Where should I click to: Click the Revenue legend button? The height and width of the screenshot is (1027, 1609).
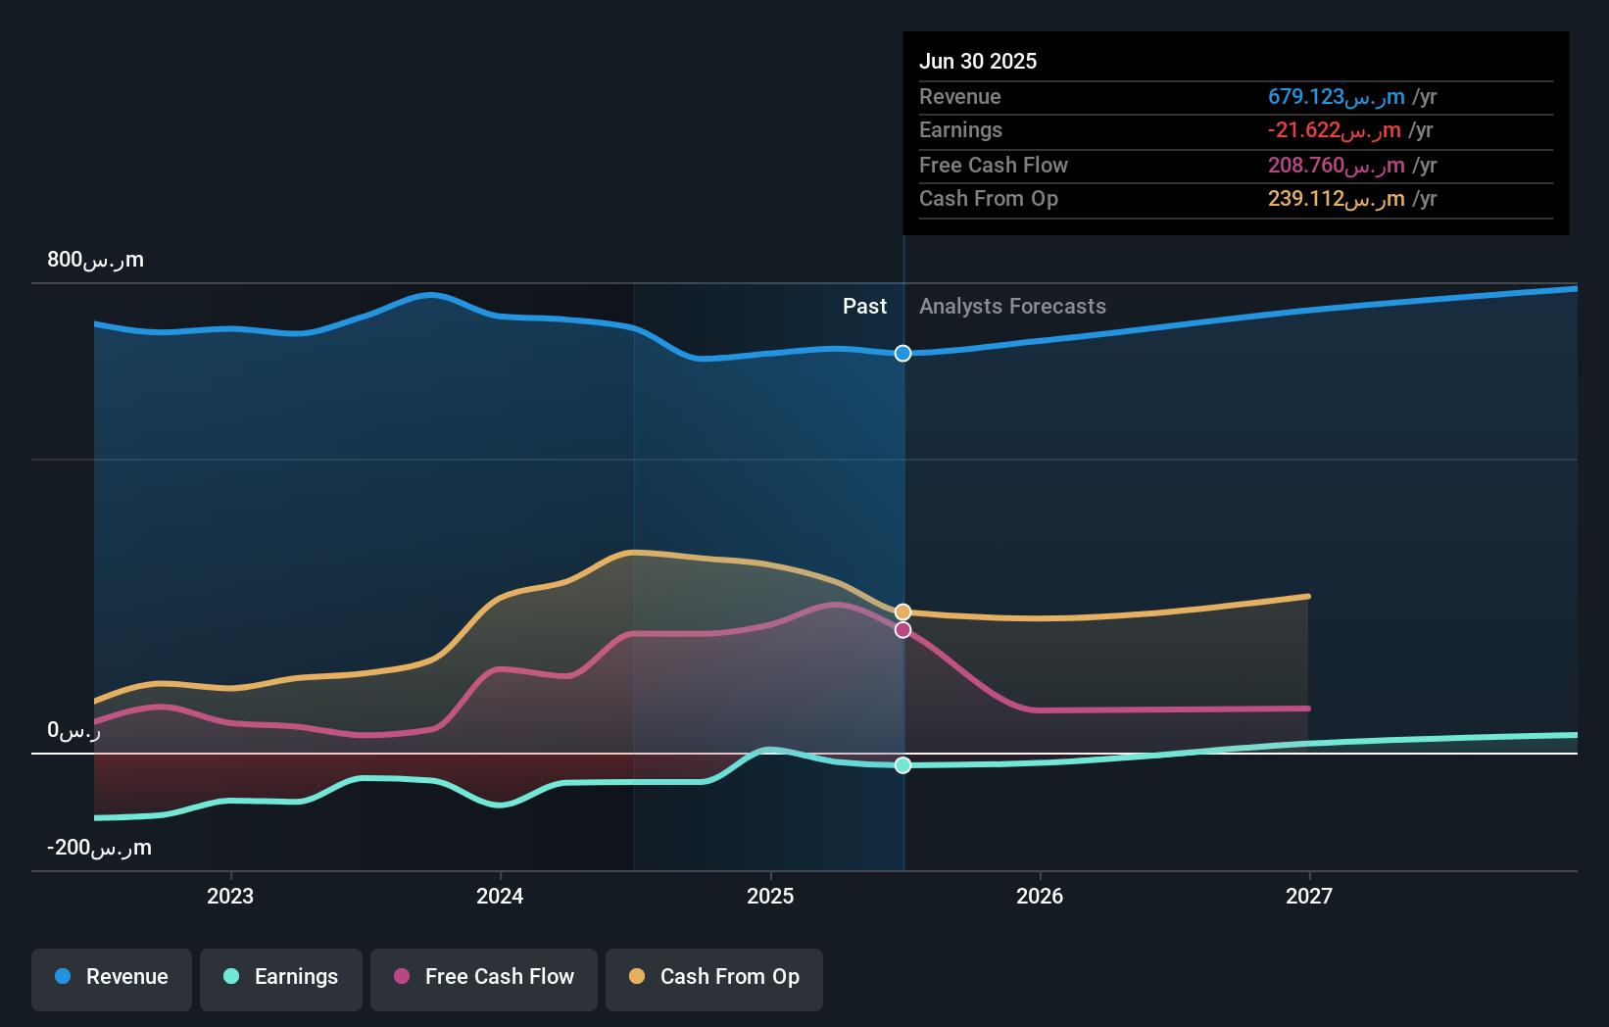[112, 978]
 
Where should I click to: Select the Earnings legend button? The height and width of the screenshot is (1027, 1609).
[281, 978]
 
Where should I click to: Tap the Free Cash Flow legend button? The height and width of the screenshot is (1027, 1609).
[484, 978]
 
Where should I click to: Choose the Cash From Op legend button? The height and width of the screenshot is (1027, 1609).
[714, 978]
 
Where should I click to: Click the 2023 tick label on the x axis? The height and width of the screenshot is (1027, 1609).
[230, 897]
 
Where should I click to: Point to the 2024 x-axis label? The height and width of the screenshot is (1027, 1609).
[500, 897]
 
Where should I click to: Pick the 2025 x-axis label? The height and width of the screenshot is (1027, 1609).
[770, 897]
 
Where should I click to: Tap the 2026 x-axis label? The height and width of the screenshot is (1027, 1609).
[1040, 897]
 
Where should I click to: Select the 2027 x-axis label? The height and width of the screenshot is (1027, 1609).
[1309, 897]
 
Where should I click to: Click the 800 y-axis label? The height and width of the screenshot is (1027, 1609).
[95, 260]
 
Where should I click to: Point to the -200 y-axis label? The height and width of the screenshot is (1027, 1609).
[99, 848]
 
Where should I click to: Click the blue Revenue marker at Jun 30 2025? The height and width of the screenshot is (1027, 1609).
[903, 353]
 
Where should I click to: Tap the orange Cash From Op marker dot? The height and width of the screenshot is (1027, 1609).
[903, 611]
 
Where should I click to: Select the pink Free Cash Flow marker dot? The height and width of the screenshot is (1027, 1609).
[903, 630]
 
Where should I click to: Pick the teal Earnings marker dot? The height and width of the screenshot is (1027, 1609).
[903, 765]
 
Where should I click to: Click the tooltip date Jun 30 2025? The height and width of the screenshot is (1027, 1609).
[978, 61]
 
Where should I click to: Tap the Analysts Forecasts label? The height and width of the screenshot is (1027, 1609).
[1012, 307]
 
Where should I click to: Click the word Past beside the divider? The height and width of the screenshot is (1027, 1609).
[864, 307]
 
